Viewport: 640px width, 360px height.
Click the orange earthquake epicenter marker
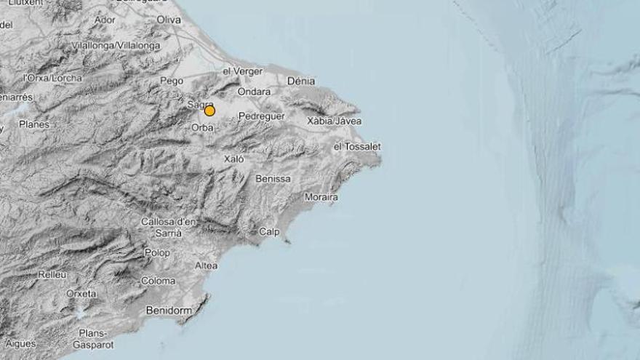209,111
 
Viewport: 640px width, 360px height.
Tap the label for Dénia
302,81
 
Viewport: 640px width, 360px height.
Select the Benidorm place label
168,311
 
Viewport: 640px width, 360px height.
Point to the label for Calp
269,232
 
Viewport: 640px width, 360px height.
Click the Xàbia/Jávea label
335,121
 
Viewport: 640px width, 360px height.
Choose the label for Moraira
321,197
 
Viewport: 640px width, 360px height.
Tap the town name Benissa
273,178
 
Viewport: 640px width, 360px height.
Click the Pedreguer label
261,116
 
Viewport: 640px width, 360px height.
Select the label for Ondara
254,92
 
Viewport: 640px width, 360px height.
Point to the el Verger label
241,71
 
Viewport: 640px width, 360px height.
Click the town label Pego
172,81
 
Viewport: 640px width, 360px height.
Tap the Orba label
202,127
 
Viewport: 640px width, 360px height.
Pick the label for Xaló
233,159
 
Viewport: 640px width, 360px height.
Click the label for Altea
206,265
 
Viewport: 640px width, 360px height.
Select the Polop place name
157,253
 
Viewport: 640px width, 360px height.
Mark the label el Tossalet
356,146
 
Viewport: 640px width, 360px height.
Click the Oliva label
169,20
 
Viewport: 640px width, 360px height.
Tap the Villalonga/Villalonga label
116,45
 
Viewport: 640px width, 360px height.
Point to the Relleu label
52,274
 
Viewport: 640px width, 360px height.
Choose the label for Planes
34,124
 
